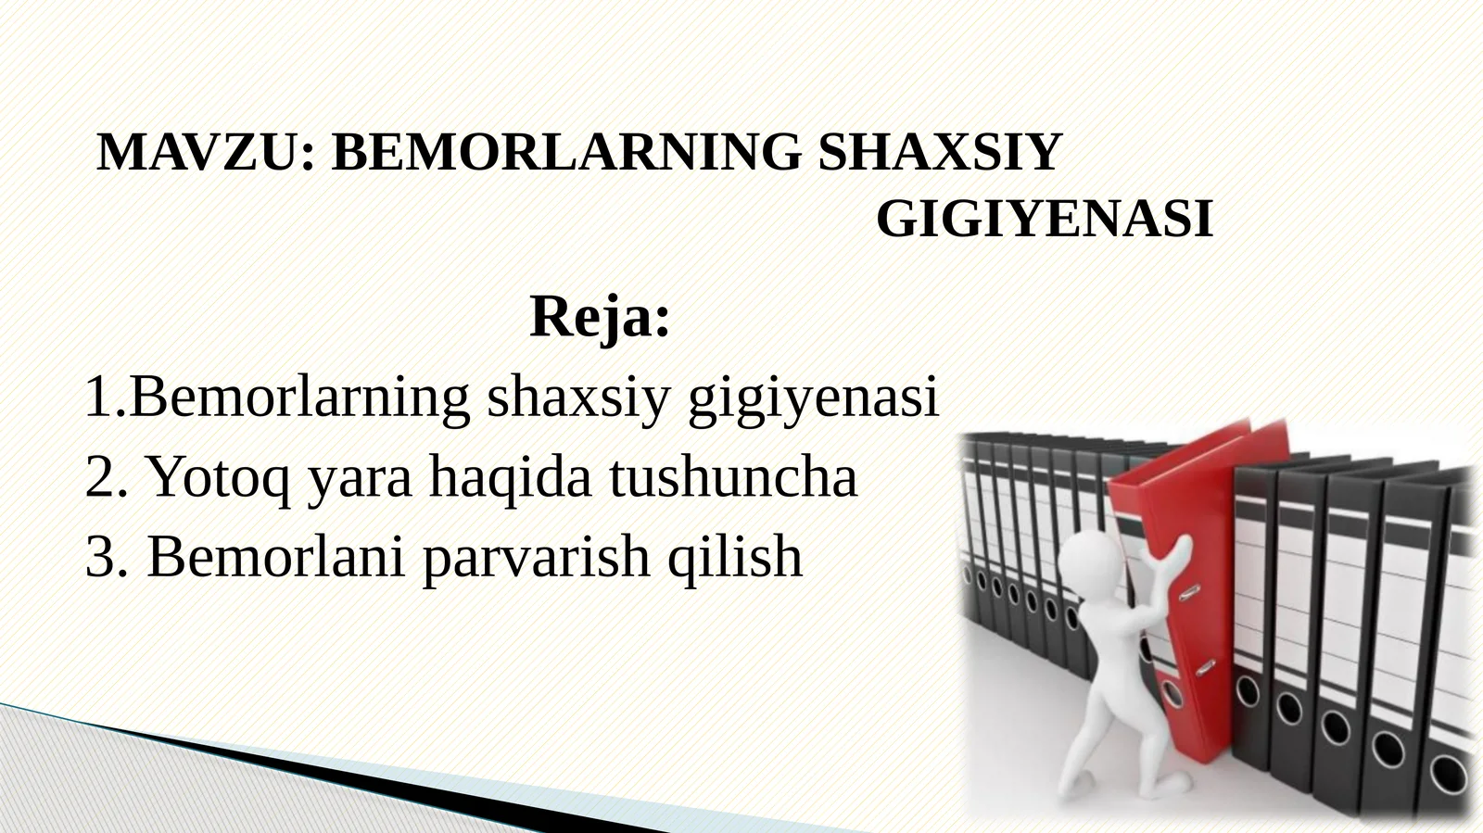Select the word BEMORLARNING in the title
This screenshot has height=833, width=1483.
[x=566, y=153]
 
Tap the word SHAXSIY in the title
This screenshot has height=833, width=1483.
[x=939, y=153]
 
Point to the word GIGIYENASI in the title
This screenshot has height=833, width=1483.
[x=1044, y=220]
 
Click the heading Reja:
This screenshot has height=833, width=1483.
[x=599, y=317]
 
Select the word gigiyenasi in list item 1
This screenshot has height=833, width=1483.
[x=813, y=398]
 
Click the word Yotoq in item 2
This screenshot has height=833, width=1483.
[x=219, y=478]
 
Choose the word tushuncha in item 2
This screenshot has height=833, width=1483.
[x=732, y=478]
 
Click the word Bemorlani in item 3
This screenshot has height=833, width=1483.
[x=275, y=557]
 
